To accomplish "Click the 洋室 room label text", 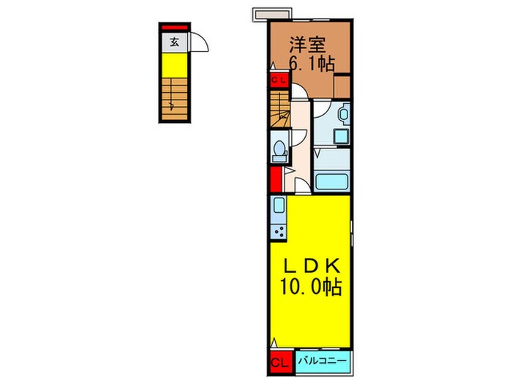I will (306, 44).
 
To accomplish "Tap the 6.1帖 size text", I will (312, 64).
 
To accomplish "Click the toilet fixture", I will (278, 149).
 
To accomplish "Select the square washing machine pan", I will (339, 135).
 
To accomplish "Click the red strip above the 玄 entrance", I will (175, 28).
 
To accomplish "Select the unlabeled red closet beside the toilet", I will (276, 180).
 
